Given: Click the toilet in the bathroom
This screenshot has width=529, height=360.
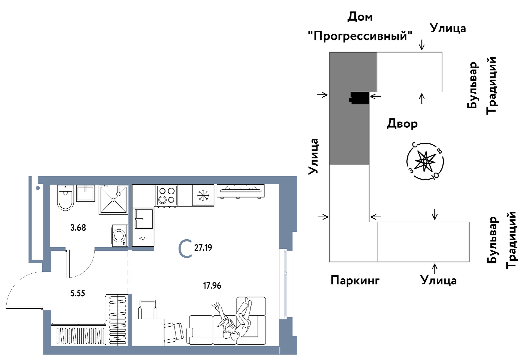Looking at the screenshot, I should click(x=65, y=198).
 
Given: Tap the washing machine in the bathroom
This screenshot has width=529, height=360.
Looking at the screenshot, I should click(x=119, y=236).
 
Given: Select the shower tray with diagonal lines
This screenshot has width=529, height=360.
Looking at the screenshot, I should click(x=114, y=200).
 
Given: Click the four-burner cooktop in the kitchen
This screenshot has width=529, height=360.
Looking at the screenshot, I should click(x=167, y=195).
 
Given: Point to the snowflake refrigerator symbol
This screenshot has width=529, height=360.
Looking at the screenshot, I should click(x=203, y=195).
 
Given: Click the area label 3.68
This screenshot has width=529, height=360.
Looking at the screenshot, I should click(x=78, y=228).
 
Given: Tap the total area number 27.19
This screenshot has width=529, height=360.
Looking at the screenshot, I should click(x=203, y=248).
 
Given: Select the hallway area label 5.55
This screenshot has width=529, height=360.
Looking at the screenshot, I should click(x=78, y=293).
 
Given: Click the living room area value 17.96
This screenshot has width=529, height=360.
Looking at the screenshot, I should click(x=212, y=286).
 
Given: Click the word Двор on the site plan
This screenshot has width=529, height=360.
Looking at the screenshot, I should click(x=402, y=124).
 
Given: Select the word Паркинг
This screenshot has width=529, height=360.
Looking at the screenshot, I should click(x=355, y=280).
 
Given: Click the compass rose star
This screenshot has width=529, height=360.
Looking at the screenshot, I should click(x=425, y=161).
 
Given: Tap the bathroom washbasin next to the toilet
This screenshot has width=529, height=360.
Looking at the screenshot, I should click(x=86, y=193).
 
